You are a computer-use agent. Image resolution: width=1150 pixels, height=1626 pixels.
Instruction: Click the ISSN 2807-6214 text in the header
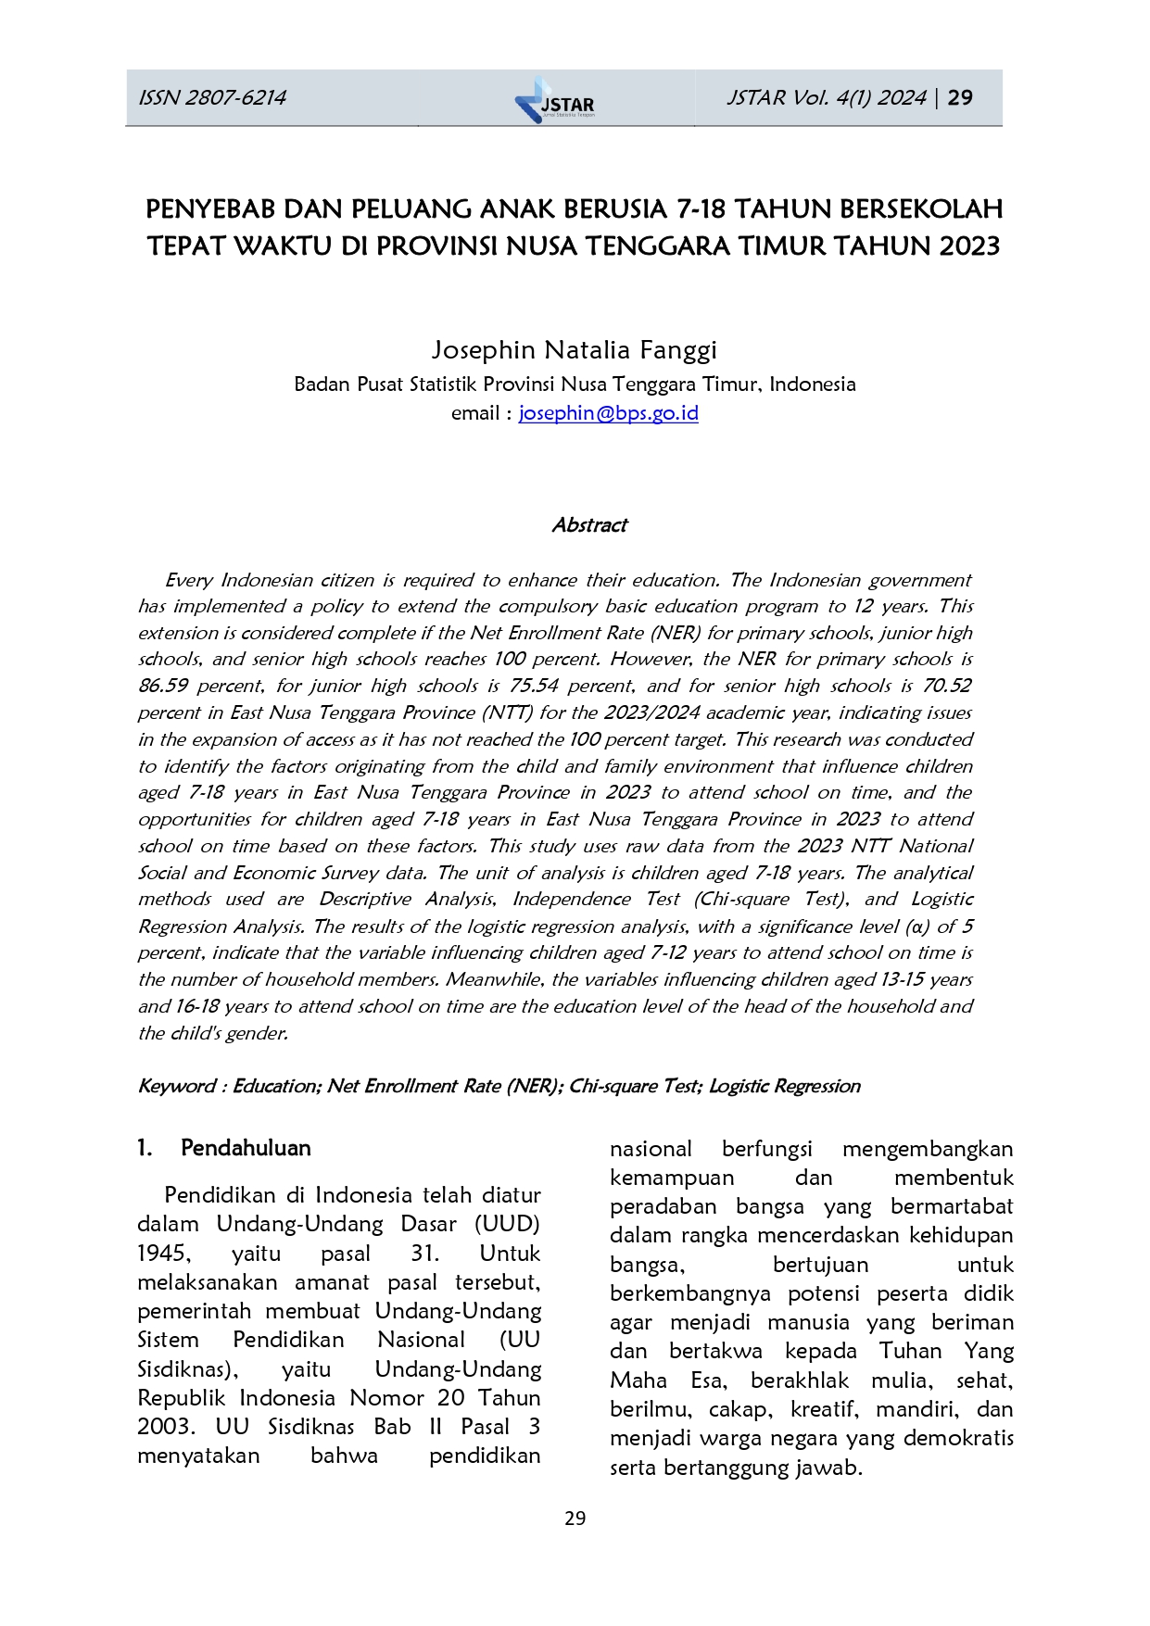(212, 98)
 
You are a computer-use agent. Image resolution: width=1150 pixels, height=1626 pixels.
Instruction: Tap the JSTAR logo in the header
(555, 100)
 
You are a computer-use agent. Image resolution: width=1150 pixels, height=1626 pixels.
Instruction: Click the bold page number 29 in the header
(961, 98)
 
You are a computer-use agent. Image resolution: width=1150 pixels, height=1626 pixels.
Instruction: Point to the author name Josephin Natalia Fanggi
(574, 350)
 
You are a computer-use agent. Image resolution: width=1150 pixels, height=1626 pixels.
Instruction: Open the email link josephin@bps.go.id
(608, 413)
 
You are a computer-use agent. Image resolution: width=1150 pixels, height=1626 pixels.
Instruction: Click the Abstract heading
(589, 525)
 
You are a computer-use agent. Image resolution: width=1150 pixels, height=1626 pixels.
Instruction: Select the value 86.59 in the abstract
(162, 687)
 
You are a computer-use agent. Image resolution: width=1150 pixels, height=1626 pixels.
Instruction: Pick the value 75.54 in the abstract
(534, 687)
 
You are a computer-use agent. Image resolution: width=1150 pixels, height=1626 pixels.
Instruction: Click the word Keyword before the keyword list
(176, 1086)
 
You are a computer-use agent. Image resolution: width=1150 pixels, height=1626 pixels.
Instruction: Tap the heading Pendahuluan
(246, 1148)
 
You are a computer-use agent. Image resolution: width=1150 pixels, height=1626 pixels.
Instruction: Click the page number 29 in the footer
(575, 1519)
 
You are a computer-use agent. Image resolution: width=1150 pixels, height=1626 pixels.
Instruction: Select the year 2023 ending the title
(969, 246)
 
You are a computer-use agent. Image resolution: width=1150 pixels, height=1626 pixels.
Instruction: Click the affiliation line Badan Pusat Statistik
(574, 384)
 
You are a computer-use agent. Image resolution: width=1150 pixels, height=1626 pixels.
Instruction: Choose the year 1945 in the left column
(164, 1254)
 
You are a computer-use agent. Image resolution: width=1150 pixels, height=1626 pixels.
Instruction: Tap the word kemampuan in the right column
(672, 1178)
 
